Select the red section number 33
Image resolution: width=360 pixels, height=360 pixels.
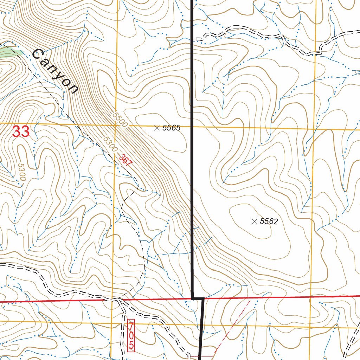click(x=21, y=132)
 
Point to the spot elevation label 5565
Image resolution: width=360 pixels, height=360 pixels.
click(x=171, y=128)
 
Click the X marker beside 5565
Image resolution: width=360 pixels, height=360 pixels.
click(x=157, y=128)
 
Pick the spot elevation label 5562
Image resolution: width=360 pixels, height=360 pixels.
click(x=269, y=221)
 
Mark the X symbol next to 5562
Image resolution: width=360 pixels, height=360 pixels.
click(x=255, y=221)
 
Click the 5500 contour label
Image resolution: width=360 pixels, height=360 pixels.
click(x=120, y=120)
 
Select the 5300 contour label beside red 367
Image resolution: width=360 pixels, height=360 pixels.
click(x=110, y=144)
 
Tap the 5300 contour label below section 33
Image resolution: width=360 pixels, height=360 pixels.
click(x=21, y=172)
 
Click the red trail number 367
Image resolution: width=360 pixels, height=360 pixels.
click(x=125, y=160)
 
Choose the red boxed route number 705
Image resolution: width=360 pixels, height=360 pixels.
click(x=131, y=335)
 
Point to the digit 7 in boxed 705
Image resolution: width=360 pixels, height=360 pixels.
click(x=131, y=325)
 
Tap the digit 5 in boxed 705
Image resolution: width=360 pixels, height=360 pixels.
click(x=131, y=345)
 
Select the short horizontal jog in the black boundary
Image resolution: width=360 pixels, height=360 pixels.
click(x=198, y=298)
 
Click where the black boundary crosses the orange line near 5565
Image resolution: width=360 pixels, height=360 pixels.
click(x=192, y=127)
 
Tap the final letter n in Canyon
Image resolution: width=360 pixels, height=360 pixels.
click(x=72, y=89)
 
